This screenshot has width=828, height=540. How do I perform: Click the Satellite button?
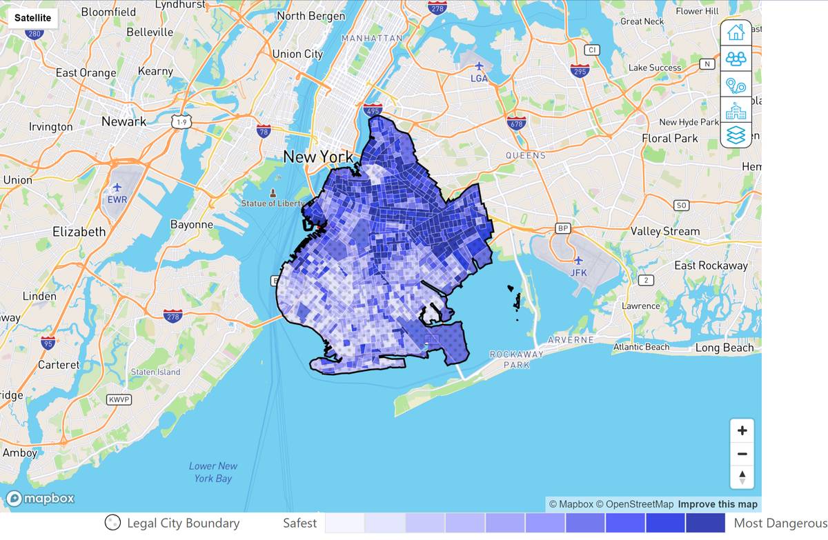click(32, 17)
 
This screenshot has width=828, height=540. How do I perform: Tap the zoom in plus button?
click(742, 431)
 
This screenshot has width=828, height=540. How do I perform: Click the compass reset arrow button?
click(742, 477)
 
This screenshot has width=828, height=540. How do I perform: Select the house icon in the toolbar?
click(736, 32)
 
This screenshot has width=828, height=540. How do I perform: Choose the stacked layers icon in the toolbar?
click(736, 134)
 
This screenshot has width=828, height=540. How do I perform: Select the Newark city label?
click(124, 121)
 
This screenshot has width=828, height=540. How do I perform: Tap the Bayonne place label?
click(191, 225)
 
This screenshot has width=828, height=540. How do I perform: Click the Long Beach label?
click(724, 348)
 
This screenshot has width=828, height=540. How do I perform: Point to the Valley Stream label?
click(664, 232)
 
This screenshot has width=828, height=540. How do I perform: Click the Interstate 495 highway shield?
click(373, 109)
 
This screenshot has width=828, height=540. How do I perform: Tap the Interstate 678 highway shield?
click(515, 123)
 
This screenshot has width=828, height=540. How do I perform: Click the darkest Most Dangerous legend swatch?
click(705, 523)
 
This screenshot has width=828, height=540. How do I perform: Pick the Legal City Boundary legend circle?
click(112, 523)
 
